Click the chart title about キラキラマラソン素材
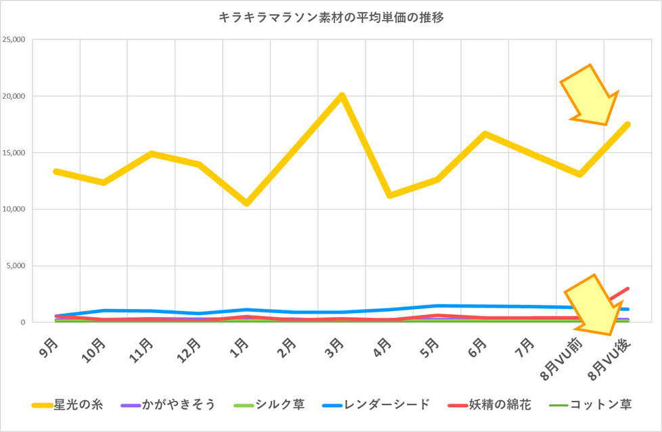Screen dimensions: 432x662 (331, 18)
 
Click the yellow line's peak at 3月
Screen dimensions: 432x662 (343, 95)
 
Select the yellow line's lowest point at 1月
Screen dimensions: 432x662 (247, 203)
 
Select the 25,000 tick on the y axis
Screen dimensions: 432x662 (24, 39)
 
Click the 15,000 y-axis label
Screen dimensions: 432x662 (24, 152)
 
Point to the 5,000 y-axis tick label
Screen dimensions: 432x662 (26, 266)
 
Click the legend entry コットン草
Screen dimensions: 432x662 (601, 405)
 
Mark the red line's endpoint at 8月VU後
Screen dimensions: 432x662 (627, 289)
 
